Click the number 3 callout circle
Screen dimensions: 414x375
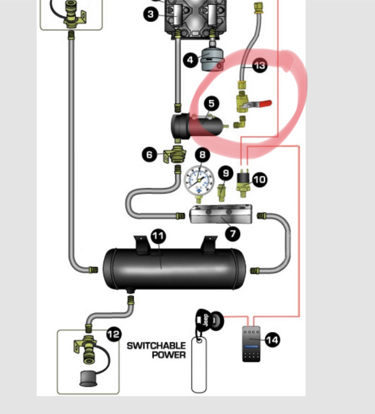(151, 14)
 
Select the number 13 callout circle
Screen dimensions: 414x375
(259, 66)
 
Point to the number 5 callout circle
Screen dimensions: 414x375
(211, 104)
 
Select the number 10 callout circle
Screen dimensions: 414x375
(259, 179)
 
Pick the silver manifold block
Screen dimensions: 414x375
(221, 214)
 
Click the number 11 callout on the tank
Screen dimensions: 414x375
(158, 236)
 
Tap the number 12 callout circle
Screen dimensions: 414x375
(114, 334)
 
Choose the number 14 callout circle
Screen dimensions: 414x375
(272, 340)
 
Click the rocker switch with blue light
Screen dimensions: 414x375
(251, 344)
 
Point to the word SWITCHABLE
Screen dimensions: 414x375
(156, 345)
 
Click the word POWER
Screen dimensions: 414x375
(169, 355)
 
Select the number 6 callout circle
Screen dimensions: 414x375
(149, 155)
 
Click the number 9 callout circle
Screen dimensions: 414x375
(225, 173)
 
